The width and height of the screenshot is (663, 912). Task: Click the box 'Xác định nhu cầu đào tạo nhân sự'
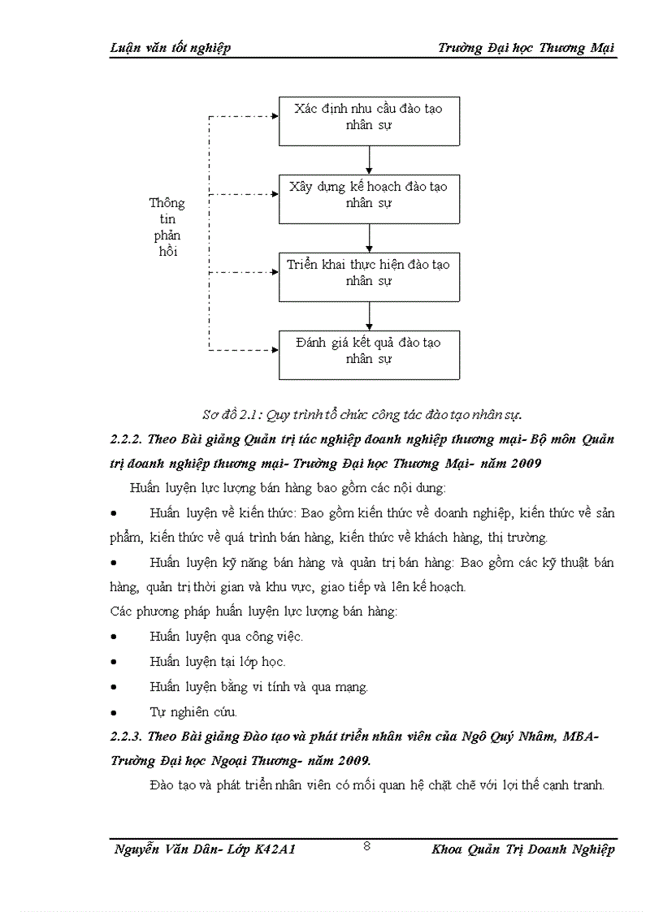[370, 121]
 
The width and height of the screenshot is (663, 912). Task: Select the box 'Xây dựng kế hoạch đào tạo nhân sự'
[370, 199]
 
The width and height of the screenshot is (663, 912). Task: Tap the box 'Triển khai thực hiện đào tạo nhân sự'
[370, 277]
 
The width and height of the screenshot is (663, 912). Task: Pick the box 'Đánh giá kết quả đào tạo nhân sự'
[370, 354]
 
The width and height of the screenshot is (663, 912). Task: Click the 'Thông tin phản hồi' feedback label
[167, 227]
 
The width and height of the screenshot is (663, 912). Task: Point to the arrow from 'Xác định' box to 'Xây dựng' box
[370, 160]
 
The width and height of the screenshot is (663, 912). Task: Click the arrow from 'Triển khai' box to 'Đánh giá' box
[370, 315]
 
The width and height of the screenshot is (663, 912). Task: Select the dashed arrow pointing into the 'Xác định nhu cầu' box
[244, 116]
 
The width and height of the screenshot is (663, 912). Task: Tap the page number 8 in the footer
[367, 846]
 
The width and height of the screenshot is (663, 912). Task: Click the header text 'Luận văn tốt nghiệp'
[170, 48]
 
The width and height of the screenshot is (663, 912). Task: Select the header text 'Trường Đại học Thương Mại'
[526, 48]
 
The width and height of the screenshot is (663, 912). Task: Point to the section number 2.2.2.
[127, 439]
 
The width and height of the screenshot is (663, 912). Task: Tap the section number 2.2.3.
[127, 737]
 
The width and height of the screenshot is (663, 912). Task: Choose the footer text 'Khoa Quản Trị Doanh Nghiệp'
[524, 849]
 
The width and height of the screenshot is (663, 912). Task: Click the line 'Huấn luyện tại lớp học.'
[218, 662]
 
